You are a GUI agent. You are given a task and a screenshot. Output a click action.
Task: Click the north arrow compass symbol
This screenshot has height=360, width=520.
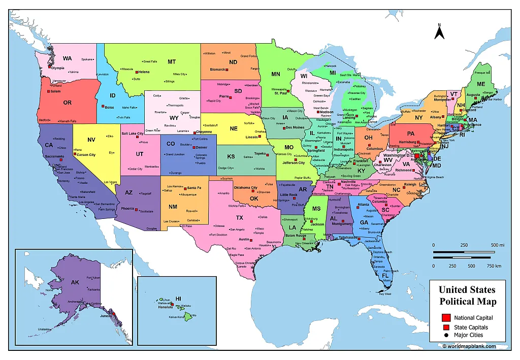coord(439,32)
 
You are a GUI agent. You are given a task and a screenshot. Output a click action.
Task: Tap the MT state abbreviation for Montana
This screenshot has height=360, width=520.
coord(172,62)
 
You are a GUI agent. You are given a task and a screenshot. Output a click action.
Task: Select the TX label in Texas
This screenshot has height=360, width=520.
coord(239,217)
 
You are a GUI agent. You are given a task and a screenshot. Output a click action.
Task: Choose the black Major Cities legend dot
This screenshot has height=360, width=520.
coord(447,335)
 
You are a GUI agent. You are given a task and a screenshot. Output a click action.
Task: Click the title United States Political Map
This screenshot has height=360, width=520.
coord(467,296)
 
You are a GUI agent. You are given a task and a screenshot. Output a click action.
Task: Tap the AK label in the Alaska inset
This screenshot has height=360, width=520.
coord(75,282)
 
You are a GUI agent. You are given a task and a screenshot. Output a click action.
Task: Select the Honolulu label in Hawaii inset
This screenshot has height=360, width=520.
coord(165,307)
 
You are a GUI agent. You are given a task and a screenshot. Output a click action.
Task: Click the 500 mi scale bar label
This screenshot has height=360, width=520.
coord(498,246)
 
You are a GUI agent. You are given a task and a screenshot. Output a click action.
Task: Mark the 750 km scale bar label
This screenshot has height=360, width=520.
coord(494,266)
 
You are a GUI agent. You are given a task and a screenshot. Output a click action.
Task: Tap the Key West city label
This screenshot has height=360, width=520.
coord(385,294)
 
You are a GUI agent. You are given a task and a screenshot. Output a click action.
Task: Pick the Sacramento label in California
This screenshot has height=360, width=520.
coord(54,157)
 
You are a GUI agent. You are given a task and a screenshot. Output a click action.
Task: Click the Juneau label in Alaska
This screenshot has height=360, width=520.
coord(107,316)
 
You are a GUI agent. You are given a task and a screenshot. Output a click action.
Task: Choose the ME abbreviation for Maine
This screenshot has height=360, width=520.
coord(480,84)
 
